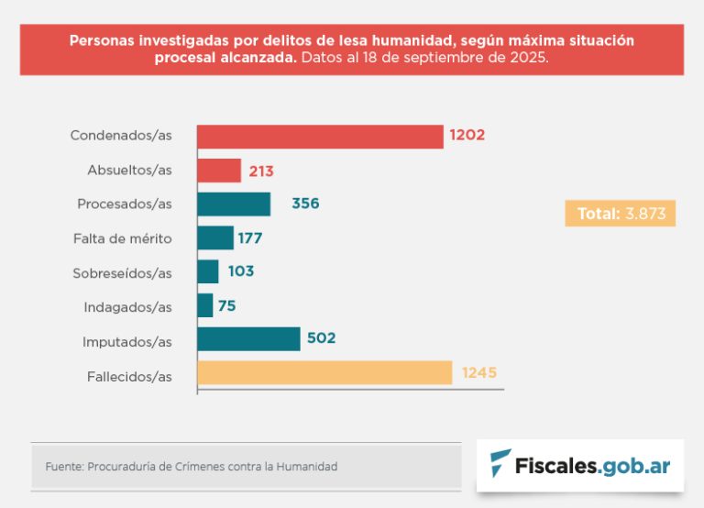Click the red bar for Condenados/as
tap(320, 136)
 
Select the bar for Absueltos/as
tap(219, 171)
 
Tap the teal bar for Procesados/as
tap(234, 204)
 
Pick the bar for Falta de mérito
tap(215, 237)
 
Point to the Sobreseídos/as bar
tap(208, 271)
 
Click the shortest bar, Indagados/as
tap(205, 305)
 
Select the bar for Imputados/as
tap(248, 338)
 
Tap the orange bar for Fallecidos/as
tap(324, 372)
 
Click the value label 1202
tap(467, 136)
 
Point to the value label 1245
tap(479, 373)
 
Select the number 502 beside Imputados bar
tap(322, 338)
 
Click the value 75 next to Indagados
tap(227, 305)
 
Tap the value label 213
tap(261, 171)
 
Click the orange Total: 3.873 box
tap(620, 214)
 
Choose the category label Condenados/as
tap(121, 136)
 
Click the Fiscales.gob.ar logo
tap(579, 465)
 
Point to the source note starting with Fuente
tap(192, 467)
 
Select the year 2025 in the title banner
tap(529, 58)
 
